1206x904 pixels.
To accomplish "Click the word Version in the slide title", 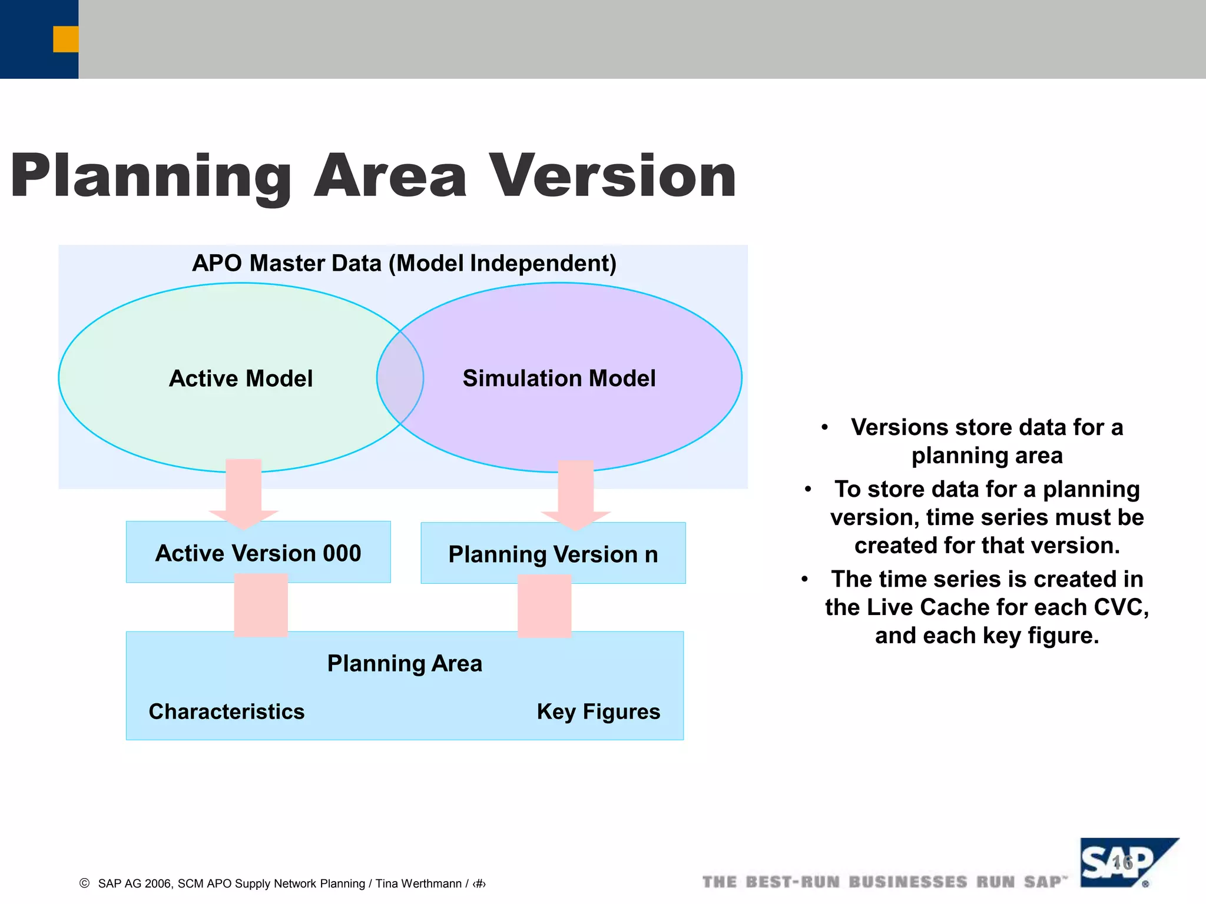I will [612, 177].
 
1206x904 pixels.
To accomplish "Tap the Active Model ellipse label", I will [241, 378].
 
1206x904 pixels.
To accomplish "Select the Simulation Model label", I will [559, 378].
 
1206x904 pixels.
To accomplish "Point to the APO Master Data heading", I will [404, 263].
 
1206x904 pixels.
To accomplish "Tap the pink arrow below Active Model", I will [243, 491].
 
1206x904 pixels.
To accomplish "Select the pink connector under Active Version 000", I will [261, 606].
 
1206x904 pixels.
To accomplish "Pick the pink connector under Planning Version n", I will [544, 607].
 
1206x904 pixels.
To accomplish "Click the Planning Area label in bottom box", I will [405, 664].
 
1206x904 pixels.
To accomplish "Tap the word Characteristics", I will [227, 712].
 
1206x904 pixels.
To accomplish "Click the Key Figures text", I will [598, 712].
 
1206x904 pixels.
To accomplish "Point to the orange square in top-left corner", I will [65, 39].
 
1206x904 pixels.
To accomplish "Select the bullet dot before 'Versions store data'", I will [825, 427].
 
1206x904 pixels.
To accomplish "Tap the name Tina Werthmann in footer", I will [418, 883].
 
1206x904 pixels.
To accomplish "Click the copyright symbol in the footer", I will [85, 883].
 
